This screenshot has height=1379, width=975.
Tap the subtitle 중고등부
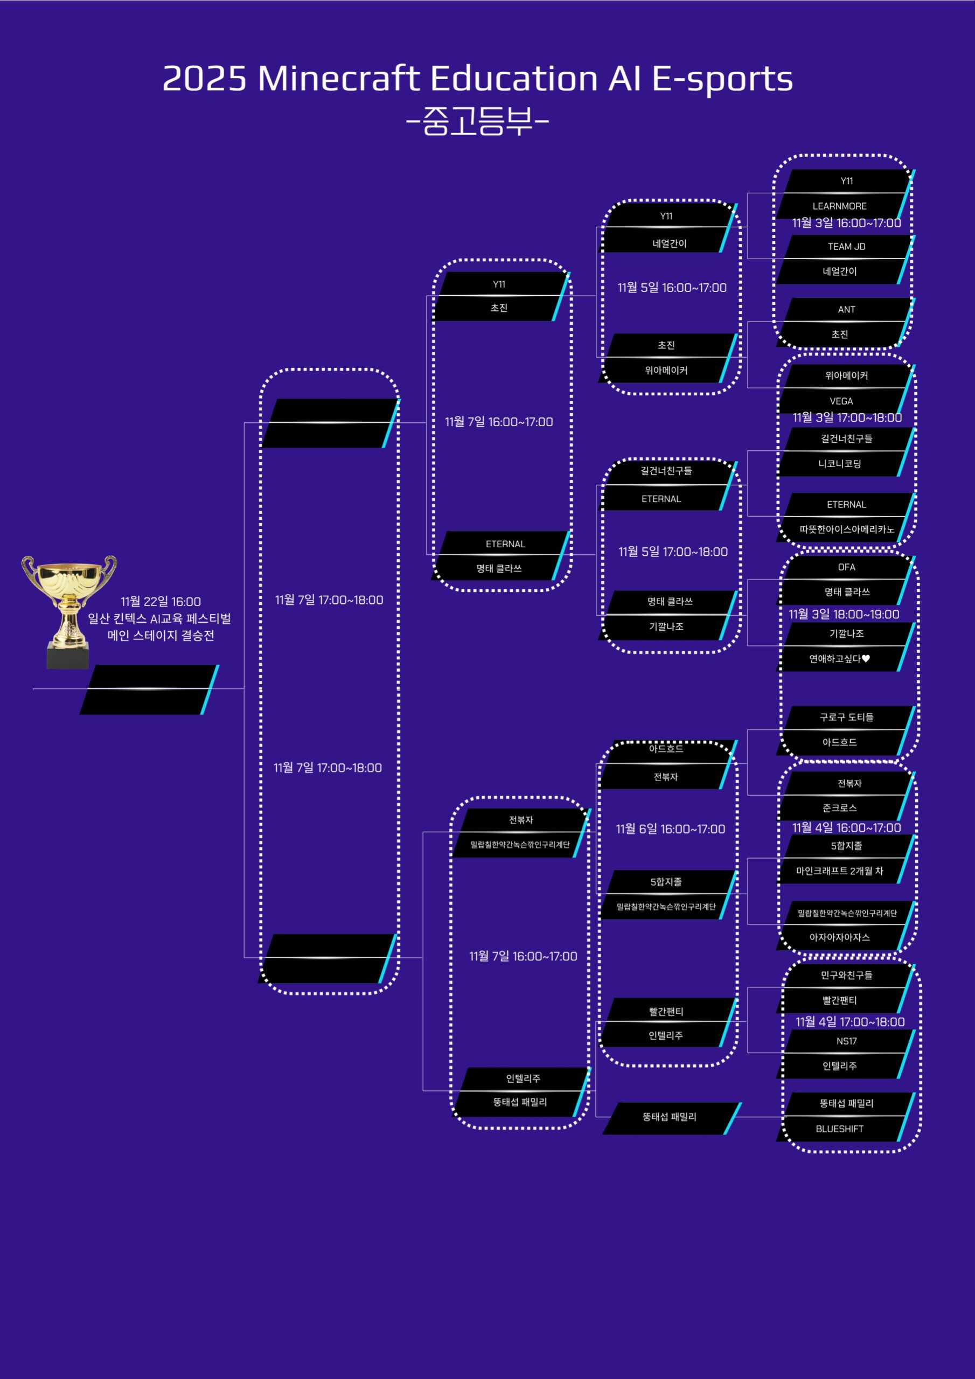tap(478, 121)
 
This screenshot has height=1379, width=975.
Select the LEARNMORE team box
tap(839, 206)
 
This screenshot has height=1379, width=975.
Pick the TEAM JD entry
tap(846, 246)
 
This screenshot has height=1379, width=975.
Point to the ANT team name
tap(846, 309)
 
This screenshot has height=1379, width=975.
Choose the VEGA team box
tap(840, 401)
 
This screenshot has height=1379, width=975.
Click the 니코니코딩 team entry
tap(839, 464)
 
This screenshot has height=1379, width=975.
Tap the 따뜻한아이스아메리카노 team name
tap(846, 529)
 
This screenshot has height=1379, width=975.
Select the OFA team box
tap(846, 567)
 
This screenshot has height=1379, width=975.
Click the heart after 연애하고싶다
tap(866, 659)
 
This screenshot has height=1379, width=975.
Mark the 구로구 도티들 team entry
tap(846, 717)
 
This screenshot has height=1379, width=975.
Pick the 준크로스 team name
tap(839, 808)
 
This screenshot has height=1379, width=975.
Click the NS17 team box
tap(846, 1041)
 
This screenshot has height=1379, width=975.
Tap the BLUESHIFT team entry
tap(839, 1129)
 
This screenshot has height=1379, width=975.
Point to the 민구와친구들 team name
tap(846, 975)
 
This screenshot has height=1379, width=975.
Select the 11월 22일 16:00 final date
tap(161, 601)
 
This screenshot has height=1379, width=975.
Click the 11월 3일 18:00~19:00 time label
tap(844, 614)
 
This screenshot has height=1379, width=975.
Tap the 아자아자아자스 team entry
tap(839, 937)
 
